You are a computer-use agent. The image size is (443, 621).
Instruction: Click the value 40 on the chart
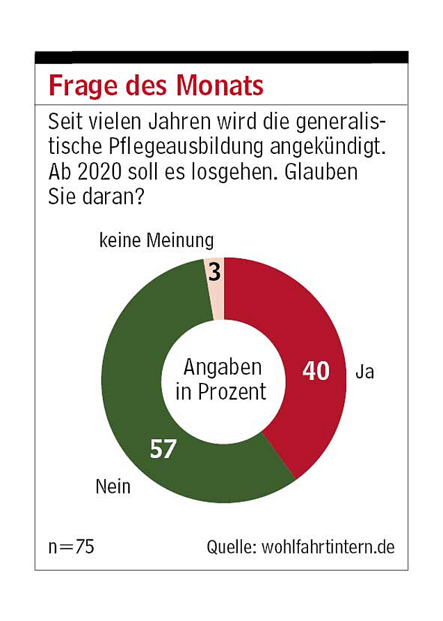[316, 371]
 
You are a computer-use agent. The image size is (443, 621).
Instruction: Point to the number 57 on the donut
[163, 449]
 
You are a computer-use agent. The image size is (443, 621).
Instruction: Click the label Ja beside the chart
[364, 372]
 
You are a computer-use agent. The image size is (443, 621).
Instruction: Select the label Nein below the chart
[113, 486]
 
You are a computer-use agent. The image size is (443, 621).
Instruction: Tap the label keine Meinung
[156, 242]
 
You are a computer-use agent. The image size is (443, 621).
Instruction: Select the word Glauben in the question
[323, 172]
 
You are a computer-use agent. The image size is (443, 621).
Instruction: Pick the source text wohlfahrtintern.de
[328, 547]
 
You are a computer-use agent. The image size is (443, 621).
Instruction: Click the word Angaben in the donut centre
[223, 367]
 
